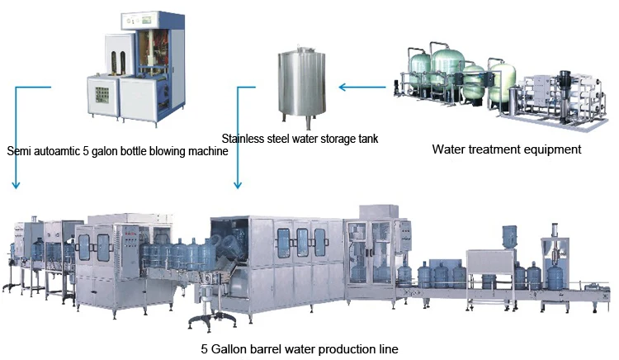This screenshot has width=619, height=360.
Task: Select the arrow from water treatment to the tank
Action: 363,85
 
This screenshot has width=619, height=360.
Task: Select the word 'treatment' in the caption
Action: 497,149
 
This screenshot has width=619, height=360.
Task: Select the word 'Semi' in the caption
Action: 19,151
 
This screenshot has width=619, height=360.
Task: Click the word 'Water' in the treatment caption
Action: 450,149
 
